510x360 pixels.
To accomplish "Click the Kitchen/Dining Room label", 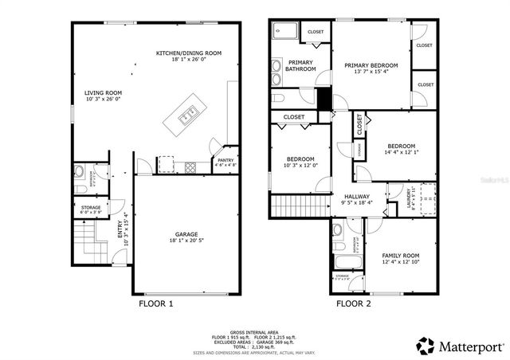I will (x=188, y=53).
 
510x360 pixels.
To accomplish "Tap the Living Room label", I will (x=104, y=93).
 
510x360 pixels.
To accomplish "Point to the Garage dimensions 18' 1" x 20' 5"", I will (x=186, y=241).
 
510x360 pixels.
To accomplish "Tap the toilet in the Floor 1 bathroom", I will (x=80, y=172).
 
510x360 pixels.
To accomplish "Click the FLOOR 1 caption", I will (x=156, y=303).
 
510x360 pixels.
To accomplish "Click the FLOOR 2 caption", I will (x=353, y=303).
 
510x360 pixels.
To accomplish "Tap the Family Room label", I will (x=400, y=256).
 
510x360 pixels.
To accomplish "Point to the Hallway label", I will (x=356, y=197).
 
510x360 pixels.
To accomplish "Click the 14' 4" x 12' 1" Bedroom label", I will (x=401, y=146).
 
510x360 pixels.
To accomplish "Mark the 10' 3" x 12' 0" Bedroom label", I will (x=300, y=158).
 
